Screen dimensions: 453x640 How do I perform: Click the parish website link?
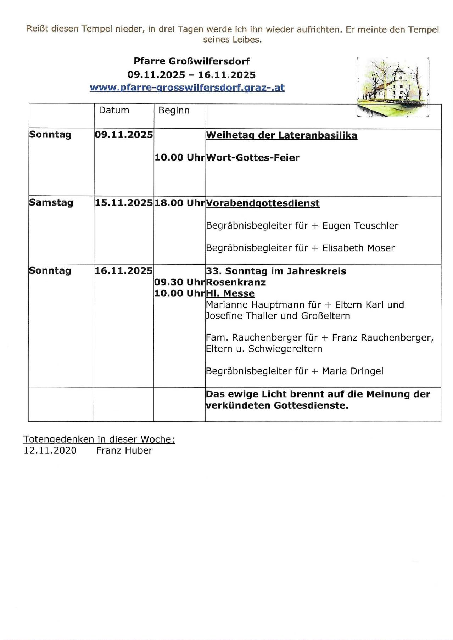(187, 88)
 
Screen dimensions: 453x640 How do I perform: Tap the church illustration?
(393, 87)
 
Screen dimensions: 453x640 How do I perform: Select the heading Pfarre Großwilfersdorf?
(191, 61)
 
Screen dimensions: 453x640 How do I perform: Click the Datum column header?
(114, 110)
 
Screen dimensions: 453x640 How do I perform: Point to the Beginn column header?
(174, 111)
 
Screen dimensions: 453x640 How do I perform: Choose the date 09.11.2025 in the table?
(124, 135)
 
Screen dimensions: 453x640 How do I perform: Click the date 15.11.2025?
(124, 203)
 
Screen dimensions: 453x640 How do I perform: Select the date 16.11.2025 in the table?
(124, 271)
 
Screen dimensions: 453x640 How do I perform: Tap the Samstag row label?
(51, 203)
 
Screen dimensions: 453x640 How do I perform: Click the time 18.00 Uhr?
(179, 203)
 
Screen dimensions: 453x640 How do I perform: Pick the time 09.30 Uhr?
(179, 282)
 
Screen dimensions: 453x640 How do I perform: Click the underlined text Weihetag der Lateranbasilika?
(281, 135)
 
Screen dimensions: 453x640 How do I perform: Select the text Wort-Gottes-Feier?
(252, 158)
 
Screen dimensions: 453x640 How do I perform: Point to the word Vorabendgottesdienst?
(263, 203)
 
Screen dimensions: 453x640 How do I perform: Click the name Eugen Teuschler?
(360, 226)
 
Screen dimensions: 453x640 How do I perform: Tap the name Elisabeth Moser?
(358, 248)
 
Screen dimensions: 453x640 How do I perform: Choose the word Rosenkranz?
(236, 282)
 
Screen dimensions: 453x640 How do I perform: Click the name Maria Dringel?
(352, 371)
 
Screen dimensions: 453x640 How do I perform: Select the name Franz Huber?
(124, 450)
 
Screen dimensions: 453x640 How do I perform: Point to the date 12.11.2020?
(50, 450)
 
